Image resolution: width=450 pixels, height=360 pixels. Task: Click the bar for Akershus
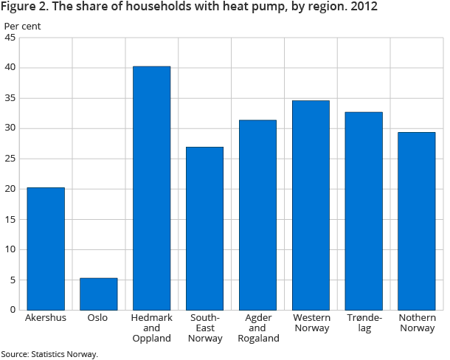[46, 249]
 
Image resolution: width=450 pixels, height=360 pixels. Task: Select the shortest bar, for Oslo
[99, 294]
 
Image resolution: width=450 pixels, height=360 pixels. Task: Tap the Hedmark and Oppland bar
[151, 188]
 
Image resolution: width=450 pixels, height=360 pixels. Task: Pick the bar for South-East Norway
[204, 228]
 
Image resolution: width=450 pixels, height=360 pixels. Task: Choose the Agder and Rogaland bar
[257, 215]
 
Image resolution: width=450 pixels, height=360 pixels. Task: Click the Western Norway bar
[311, 205]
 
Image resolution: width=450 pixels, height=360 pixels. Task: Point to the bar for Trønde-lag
[364, 211]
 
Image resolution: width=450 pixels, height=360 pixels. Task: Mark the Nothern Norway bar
[417, 221]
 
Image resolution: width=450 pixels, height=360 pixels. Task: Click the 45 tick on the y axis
[10, 38]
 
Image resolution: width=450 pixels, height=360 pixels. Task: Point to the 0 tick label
[13, 310]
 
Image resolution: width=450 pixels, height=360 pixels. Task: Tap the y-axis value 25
[10, 159]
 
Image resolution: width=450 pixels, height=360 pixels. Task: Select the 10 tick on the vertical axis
[10, 249]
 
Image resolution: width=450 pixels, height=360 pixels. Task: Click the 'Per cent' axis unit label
[23, 26]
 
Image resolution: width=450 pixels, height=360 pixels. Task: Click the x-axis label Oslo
[98, 318]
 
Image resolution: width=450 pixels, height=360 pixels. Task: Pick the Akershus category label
[46, 318]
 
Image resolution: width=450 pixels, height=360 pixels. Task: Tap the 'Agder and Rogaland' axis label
[257, 328]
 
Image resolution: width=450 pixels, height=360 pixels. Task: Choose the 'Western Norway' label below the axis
[311, 323]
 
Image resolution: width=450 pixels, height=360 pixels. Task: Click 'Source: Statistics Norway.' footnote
[49, 353]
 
